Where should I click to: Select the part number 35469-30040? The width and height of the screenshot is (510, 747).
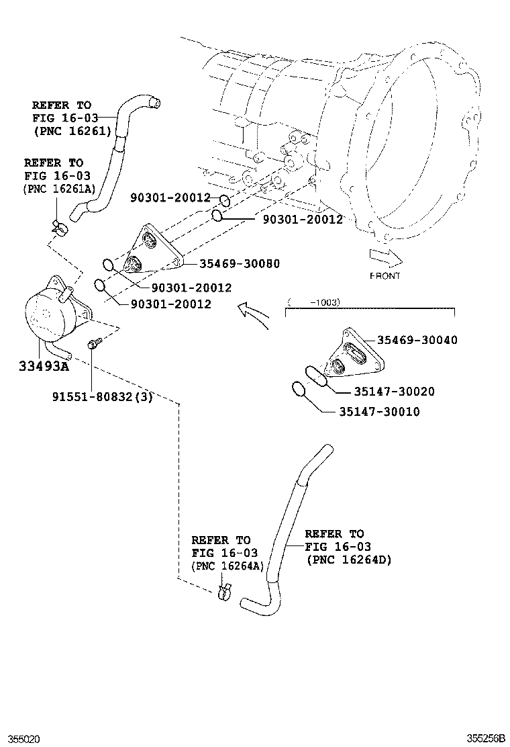[417, 340]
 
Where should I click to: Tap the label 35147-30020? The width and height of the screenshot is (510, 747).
[385, 392]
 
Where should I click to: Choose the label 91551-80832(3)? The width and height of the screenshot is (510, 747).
[102, 397]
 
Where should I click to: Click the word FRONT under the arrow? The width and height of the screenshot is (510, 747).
[385, 275]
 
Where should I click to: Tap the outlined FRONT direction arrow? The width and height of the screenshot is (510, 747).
[385, 257]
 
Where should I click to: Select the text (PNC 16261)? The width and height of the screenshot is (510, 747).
[72, 130]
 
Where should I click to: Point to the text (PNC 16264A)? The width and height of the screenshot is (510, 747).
[227, 566]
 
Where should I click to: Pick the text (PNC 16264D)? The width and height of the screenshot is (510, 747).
[348, 560]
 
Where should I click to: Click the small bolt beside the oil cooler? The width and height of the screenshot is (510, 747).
[93, 345]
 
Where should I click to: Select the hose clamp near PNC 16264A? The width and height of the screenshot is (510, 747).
[224, 593]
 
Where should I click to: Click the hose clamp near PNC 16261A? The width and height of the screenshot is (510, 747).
[59, 227]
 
